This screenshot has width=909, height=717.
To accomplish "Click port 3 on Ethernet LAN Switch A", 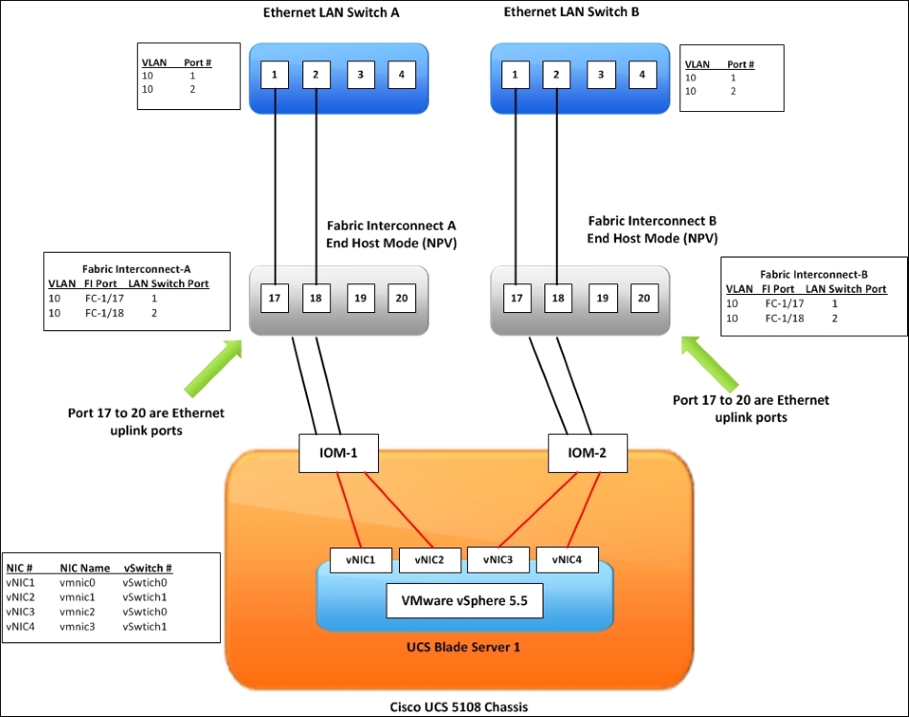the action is coord(361,75).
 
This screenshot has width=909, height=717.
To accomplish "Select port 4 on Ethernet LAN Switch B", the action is coord(642,75).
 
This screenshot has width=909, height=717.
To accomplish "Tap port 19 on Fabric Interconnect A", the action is coord(361,298).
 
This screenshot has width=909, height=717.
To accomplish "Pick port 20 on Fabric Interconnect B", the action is coord(644,298).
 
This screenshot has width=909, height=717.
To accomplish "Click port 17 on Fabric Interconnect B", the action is coord(517,298).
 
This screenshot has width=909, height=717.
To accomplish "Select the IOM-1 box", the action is coord(339,453).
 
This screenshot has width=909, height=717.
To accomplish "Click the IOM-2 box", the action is coord(588,453).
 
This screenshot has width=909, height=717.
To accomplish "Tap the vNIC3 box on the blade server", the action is coord(498,560).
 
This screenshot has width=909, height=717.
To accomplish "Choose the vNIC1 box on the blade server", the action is coord(361,560).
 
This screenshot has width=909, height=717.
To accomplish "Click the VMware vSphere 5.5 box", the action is coord(465,601).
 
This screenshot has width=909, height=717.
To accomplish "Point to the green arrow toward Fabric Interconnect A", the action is coord(213,368).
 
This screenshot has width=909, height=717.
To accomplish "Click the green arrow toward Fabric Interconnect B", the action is coord(710,364).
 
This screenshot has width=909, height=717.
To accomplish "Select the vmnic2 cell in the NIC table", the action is coord(78,612).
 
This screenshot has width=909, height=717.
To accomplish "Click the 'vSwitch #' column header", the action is coord(147,568).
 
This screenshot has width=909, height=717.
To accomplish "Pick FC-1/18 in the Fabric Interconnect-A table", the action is coord(104,313).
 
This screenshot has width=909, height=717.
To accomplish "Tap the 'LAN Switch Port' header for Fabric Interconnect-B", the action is coord(846,289).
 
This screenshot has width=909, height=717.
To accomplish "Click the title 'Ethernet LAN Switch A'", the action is coord(331,12).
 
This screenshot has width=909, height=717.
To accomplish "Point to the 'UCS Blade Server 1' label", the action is coord(463,647).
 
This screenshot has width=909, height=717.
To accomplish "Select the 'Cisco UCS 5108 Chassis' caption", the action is coord(458,707).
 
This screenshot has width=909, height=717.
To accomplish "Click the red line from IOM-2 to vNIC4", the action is coord(584,510).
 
